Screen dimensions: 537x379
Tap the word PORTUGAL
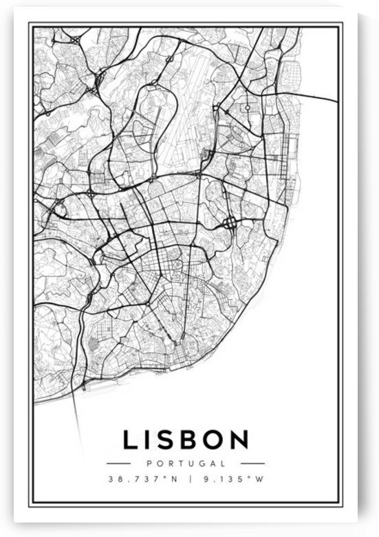(x=186, y=463)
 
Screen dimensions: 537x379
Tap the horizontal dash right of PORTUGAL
(x=252, y=463)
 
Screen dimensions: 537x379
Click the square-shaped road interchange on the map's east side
(x=230, y=223)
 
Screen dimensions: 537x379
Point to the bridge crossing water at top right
(x=320, y=94)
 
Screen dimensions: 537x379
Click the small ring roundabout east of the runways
(x=247, y=108)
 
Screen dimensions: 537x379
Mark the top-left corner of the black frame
(x=30, y=24)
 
